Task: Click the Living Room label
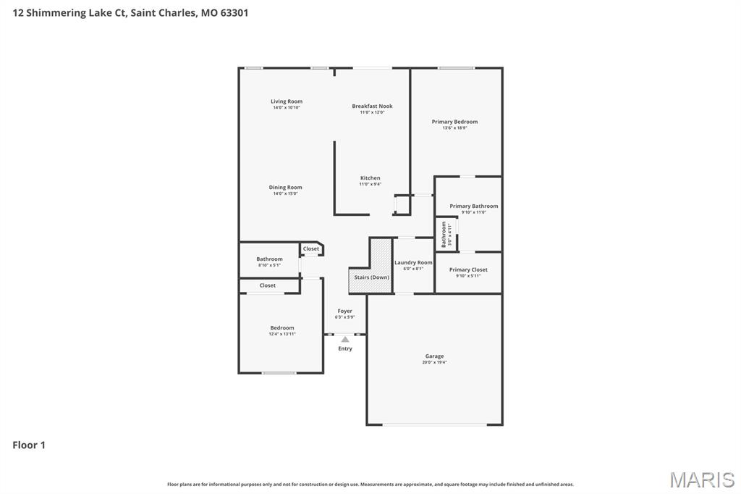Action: coord(287,101)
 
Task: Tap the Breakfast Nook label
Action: coord(372,106)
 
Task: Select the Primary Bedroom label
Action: coord(454,122)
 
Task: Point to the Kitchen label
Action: coord(370,178)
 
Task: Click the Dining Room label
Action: coord(286,188)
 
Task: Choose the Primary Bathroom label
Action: coord(473,206)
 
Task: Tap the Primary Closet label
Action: coord(468,269)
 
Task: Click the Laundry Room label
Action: coord(413,262)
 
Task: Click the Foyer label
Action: coord(345,311)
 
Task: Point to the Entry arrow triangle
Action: coord(345,339)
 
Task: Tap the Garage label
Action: coord(434,356)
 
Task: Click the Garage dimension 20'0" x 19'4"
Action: coord(434,362)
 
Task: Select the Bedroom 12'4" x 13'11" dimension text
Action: coord(282,334)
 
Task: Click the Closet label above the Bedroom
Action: coord(268,285)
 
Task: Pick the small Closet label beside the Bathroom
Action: coord(311,249)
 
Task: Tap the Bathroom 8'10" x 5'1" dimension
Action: coord(269,265)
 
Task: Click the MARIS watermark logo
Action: coord(701,479)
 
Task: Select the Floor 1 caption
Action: coord(29,445)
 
